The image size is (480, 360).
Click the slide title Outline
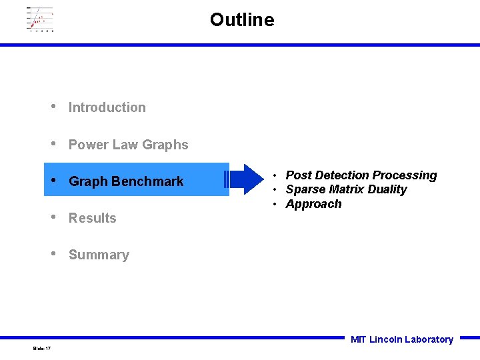click(241, 20)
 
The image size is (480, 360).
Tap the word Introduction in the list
click(107, 107)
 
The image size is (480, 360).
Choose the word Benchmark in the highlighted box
click(147, 181)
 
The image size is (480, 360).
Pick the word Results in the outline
click(92, 218)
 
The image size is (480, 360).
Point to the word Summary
click(99, 255)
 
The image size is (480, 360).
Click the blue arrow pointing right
click(245, 179)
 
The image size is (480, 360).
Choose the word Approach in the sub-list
click(313, 204)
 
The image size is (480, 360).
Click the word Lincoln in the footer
click(385, 339)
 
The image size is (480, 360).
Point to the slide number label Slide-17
click(41, 349)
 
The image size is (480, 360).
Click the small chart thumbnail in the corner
click(39, 19)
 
